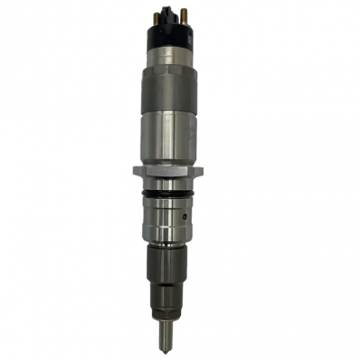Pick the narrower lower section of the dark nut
click(169, 292)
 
